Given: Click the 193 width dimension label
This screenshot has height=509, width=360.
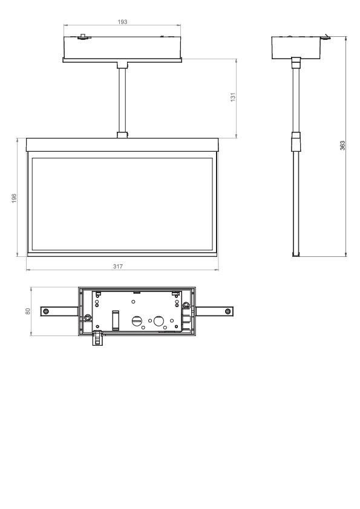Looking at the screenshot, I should pyautogui.click(x=122, y=22).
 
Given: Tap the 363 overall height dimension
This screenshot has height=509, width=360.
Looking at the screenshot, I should pyautogui.click(x=342, y=145).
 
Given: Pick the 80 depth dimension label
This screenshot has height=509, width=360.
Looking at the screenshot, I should pyautogui.click(x=27, y=311).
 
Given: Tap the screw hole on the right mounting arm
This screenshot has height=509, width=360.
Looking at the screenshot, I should pyautogui.click(x=227, y=311).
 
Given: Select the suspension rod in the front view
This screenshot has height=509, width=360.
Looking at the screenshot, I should pyautogui.click(x=122, y=100).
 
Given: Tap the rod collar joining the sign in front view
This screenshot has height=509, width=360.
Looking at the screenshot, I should pyautogui.click(x=122, y=134).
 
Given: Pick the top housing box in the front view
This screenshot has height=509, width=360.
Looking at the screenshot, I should pyautogui.click(x=122, y=46).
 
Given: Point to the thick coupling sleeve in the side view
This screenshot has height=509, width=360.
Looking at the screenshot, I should pyautogui.click(x=295, y=143).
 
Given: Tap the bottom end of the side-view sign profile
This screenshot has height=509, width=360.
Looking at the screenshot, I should pyautogui.click(x=295, y=254).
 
